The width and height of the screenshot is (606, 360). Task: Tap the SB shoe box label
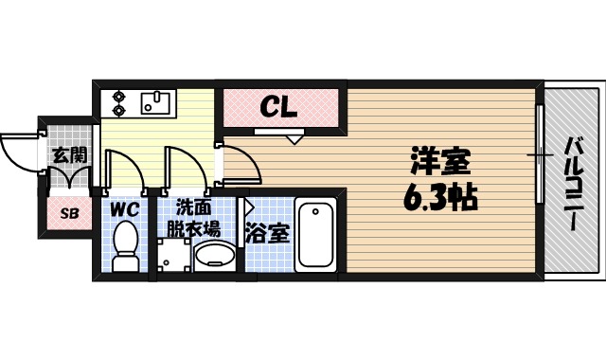pos(69,213)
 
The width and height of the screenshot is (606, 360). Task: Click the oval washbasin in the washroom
pos(216,256)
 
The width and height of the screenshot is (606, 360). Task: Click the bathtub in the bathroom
pos(315,236)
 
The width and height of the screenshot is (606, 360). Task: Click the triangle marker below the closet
pos(294,138)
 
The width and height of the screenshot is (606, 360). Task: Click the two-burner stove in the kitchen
pos(120,101)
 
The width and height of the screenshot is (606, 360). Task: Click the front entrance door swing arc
pos(17,152)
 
